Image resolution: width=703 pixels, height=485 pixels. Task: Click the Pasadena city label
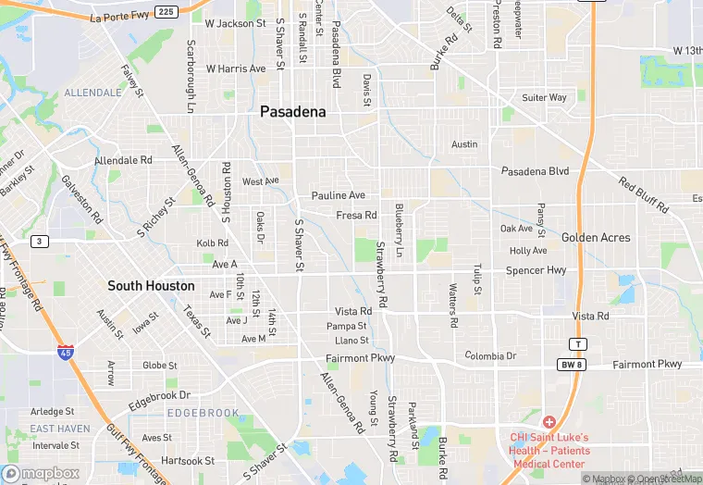tap(292, 111)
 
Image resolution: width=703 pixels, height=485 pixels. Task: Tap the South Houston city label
tap(151, 285)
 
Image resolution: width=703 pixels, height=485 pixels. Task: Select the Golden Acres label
tap(596, 237)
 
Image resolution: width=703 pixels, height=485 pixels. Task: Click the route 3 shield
tap(39, 242)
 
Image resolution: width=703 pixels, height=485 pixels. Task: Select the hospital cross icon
tap(549, 421)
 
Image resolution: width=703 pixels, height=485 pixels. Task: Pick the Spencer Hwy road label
tap(536, 270)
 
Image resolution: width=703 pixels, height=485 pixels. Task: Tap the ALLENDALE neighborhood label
tap(92, 93)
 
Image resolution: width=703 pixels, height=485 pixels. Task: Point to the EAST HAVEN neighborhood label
tap(60, 429)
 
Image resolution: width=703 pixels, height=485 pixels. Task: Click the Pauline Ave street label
tap(339, 195)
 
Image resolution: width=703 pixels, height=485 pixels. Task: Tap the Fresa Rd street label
tap(356, 215)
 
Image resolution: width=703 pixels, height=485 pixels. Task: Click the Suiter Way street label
tap(544, 97)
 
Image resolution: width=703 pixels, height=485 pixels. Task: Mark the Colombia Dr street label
tap(490, 355)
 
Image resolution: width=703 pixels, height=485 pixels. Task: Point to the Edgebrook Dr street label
tap(159, 395)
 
